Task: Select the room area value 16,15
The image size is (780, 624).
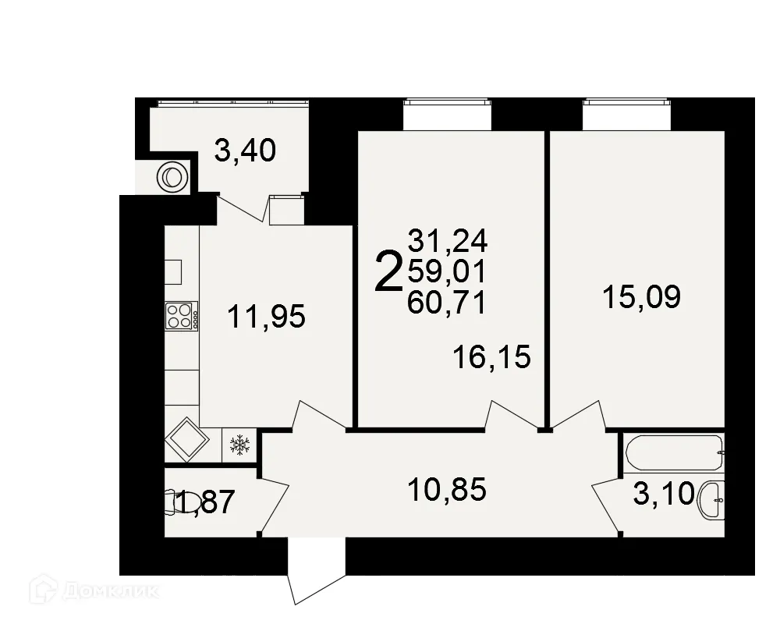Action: [x=491, y=357]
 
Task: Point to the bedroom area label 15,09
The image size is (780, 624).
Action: [x=641, y=296]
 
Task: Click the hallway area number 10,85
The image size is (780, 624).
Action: [x=447, y=490]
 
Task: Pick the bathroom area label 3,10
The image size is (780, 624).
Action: [x=662, y=494]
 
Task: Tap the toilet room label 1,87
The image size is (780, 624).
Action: [x=204, y=502]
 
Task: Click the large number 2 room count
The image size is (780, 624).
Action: [x=388, y=271]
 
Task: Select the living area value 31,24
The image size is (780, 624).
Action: [x=446, y=242]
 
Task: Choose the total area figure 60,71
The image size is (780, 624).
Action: [x=446, y=301]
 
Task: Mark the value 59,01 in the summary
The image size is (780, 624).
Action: [x=446, y=271]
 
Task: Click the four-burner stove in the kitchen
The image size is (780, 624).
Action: [x=181, y=316]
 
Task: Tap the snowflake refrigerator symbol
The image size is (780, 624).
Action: [x=239, y=445]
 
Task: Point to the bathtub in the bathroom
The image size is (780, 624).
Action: [x=674, y=452]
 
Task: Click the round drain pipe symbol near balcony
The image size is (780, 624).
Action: [x=172, y=178]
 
